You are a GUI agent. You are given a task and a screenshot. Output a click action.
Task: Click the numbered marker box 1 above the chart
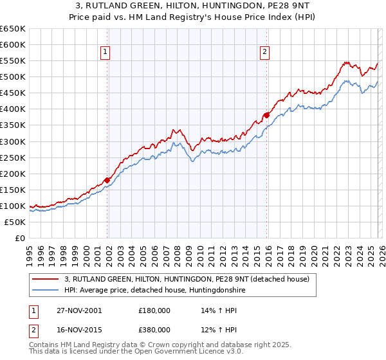click(105, 53)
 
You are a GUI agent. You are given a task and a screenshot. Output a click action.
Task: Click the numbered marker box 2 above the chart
click(264, 53)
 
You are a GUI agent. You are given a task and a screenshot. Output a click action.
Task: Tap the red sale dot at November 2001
click(107, 180)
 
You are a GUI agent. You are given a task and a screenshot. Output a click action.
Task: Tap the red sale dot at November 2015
click(266, 115)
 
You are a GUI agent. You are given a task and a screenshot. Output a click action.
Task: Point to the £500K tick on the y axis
click(13, 77)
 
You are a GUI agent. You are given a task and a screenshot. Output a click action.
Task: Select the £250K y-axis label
click(13, 157)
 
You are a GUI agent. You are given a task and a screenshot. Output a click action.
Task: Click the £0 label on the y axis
click(19, 238)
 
